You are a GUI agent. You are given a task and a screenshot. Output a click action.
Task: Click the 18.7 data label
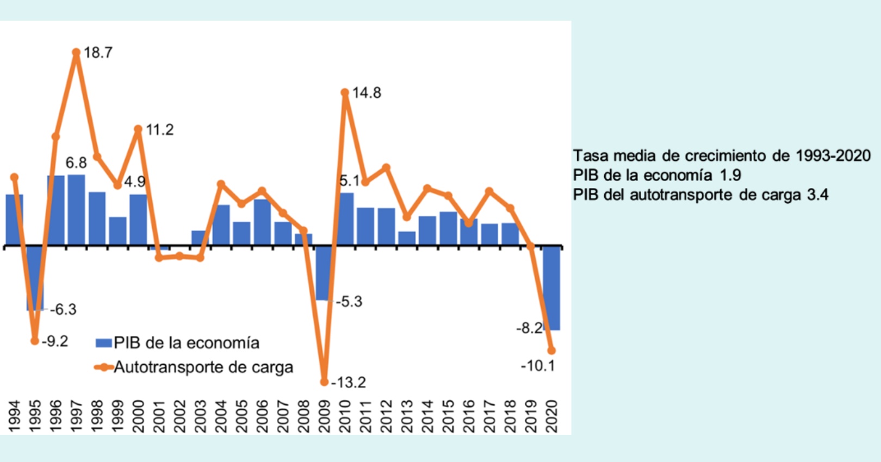tap(98, 53)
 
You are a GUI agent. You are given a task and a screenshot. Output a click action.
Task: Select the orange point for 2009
tap(324, 382)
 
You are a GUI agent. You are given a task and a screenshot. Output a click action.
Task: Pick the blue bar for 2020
tap(551, 288)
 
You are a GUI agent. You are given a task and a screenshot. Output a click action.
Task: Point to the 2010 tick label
tap(345, 416)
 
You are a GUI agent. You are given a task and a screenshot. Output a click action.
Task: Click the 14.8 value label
tap(367, 93)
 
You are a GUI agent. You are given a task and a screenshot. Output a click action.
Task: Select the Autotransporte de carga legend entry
tap(202, 367)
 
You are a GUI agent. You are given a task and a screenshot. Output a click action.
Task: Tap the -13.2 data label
tap(348, 383)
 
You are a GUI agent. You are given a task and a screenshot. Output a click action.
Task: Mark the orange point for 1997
tap(76, 53)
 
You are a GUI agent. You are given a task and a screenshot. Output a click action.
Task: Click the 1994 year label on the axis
tap(14, 416)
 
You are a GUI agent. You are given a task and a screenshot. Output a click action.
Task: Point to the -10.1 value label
tap(537, 366)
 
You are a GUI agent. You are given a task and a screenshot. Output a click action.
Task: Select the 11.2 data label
tap(159, 130)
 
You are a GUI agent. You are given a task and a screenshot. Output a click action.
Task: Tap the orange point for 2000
tap(138, 129)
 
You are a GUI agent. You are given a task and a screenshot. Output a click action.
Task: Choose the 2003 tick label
tap(200, 416)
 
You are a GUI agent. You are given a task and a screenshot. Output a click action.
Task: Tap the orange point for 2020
tap(551, 351)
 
